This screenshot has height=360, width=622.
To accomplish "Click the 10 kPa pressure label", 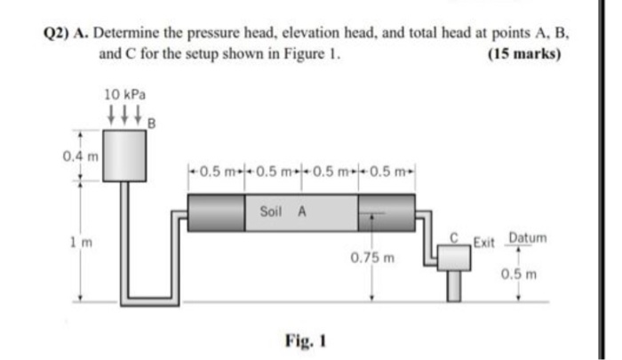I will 125,92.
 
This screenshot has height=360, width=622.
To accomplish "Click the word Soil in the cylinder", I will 273,212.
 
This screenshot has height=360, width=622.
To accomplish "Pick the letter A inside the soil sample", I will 302,212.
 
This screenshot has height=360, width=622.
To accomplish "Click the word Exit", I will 487,240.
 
